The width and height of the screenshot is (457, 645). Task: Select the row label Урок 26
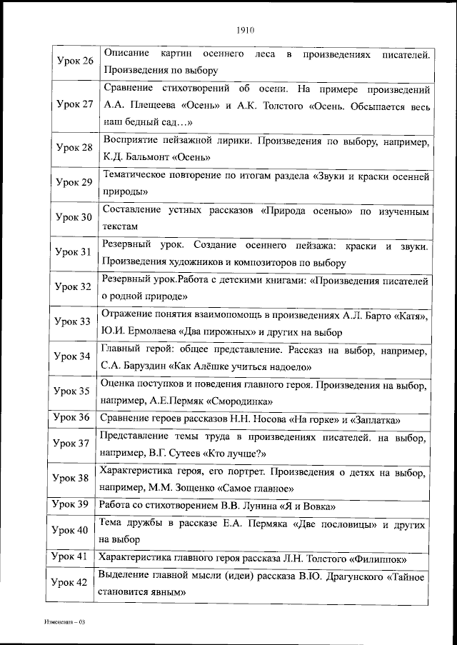pyautogui.click(x=75, y=60)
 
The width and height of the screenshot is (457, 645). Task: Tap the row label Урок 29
pyautogui.click(x=75, y=182)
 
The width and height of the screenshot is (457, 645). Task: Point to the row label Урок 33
pyautogui.click(x=75, y=321)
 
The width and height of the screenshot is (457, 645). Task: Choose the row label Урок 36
pyautogui.click(x=75, y=417)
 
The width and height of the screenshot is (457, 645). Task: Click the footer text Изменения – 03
pyautogui.click(x=64, y=622)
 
